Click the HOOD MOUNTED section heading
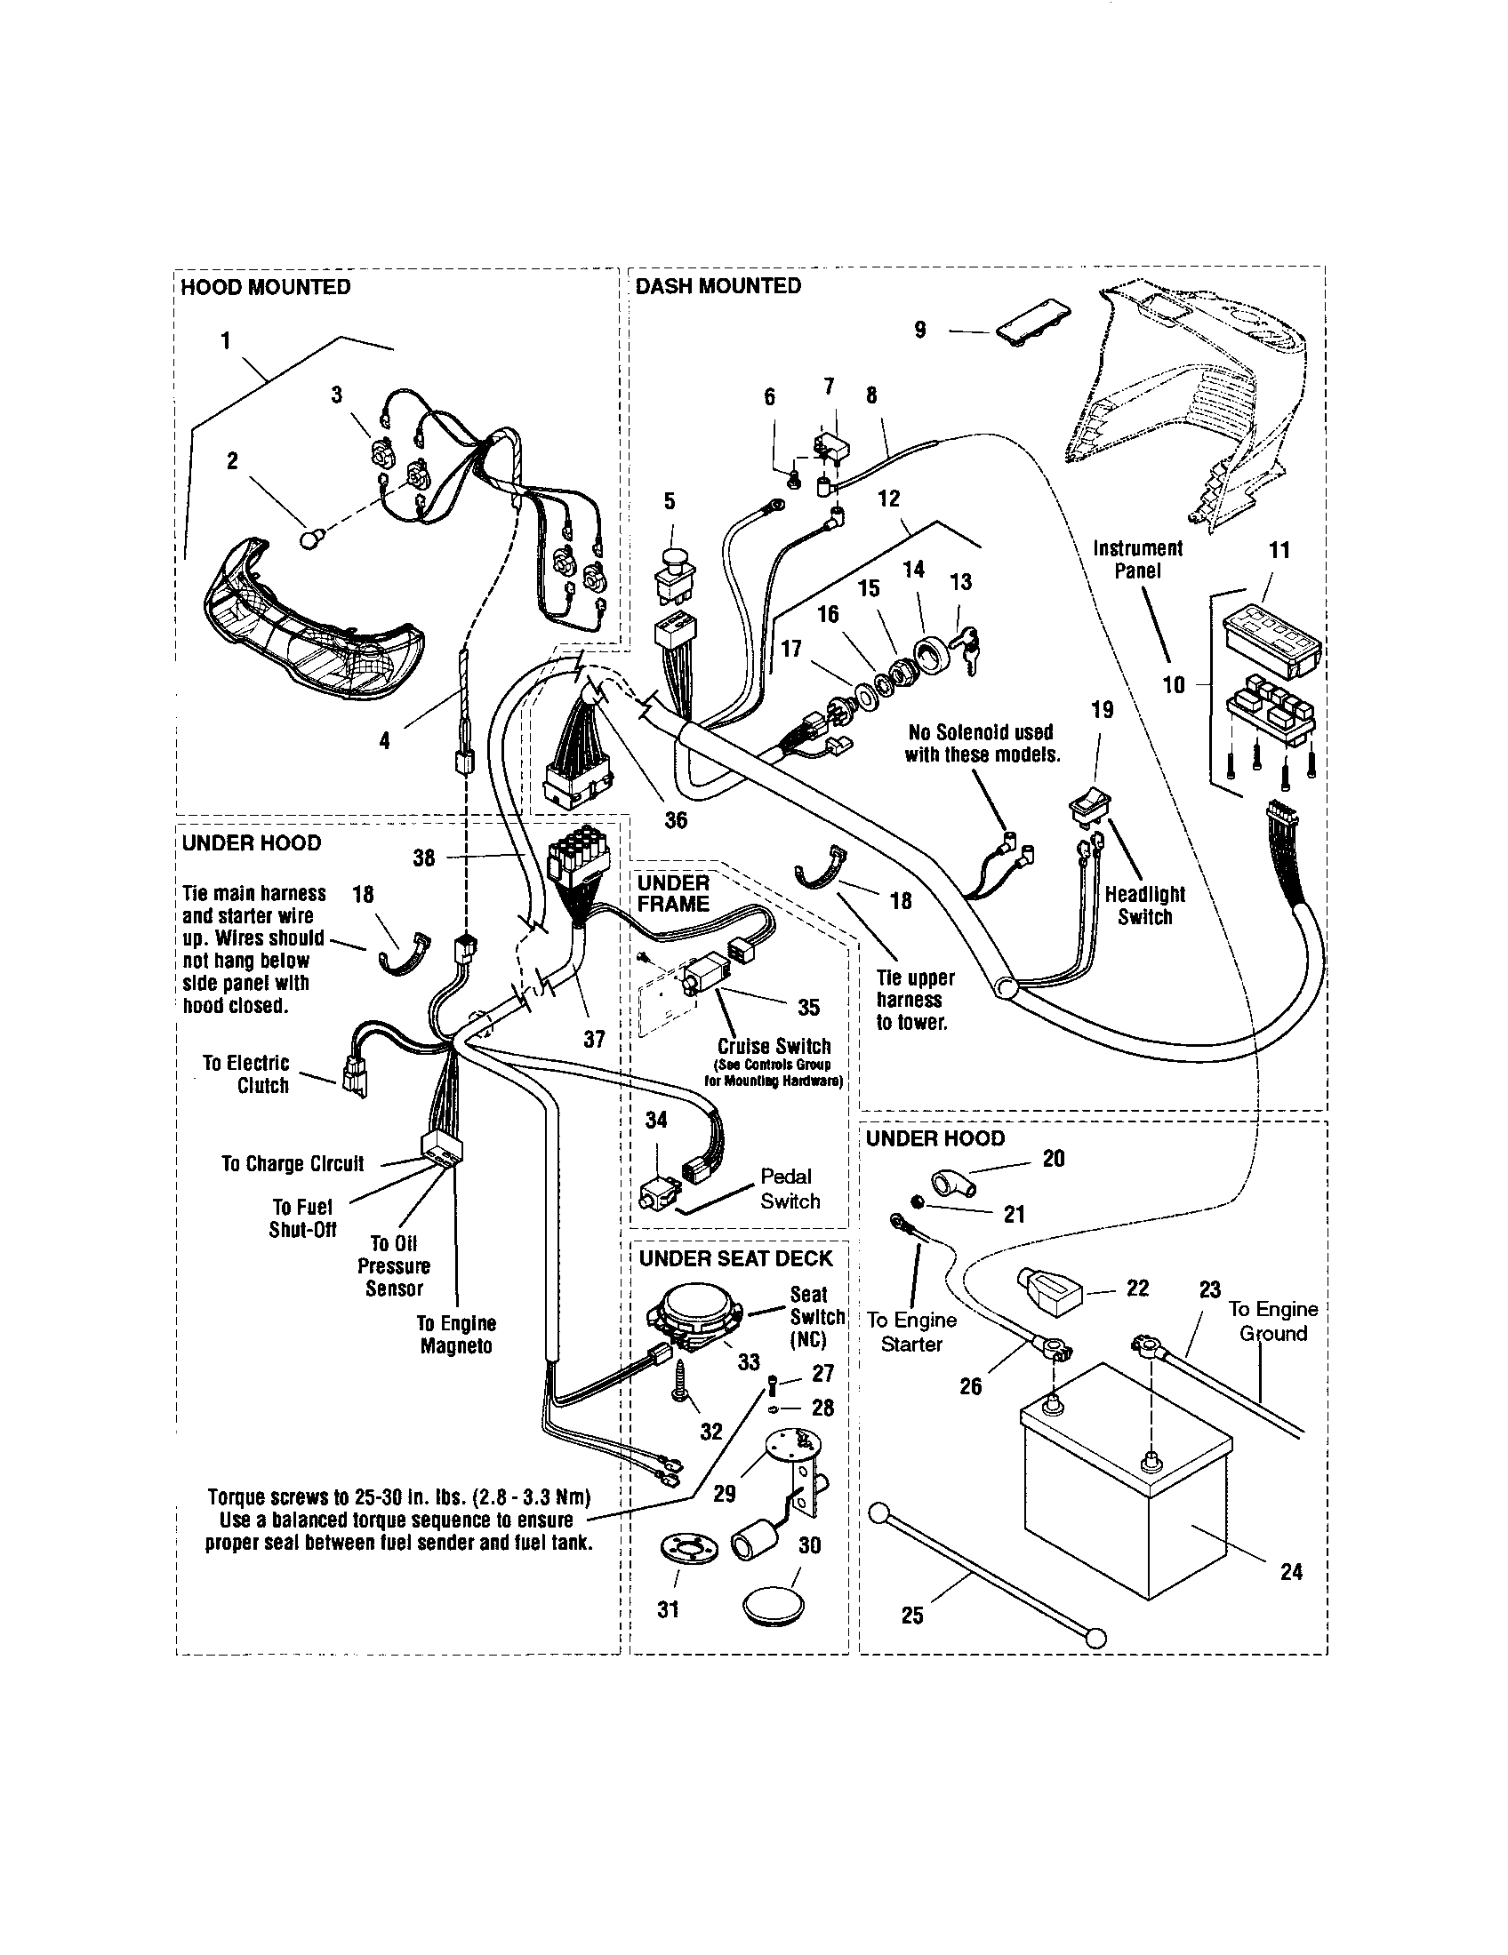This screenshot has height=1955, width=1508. (x=265, y=287)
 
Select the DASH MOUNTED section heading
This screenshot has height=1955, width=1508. (x=718, y=285)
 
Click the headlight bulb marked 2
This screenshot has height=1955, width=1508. (x=308, y=539)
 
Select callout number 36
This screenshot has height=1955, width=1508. (x=676, y=820)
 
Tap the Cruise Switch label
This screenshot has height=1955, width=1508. (x=774, y=1046)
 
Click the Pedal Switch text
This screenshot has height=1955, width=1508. (x=789, y=1189)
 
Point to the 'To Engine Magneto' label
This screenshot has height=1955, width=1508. (x=456, y=1334)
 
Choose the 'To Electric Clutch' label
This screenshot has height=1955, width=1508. (x=246, y=1074)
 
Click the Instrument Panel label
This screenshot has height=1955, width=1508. (x=1137, y=560)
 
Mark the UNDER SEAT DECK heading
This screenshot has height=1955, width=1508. (x=735, y=1257)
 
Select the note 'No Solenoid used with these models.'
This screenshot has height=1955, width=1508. (x=982, y=743)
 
